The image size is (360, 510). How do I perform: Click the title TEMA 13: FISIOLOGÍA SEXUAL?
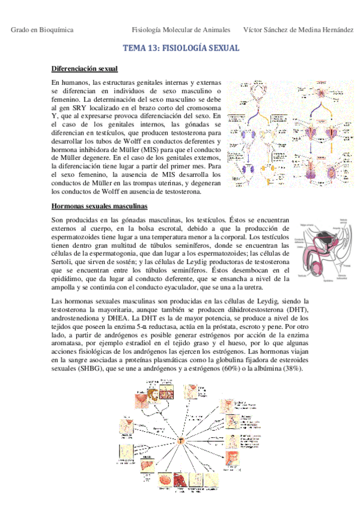point(181,48)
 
